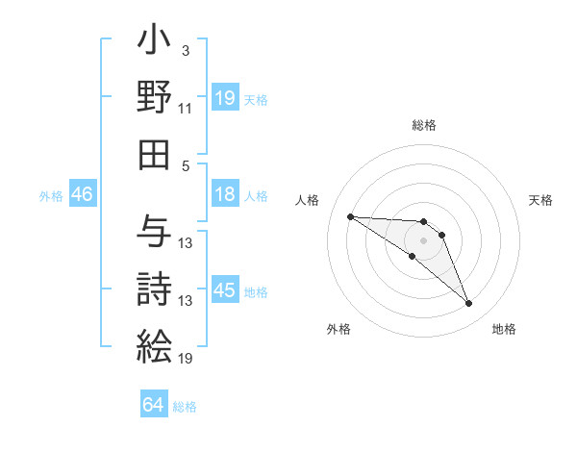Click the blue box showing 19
point(225,97)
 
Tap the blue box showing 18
point(225,195)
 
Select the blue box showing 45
point(225,291)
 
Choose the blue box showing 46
point(83,195)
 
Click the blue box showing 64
point(154,405)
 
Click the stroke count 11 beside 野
point(186,111)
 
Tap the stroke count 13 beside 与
point(186,242)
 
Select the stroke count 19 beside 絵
point(186,359)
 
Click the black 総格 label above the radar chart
point(424,125)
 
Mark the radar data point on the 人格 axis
point(350,216)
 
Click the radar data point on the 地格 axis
point(468,304)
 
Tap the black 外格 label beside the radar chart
point(339,329)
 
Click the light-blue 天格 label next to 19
point(256,99)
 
